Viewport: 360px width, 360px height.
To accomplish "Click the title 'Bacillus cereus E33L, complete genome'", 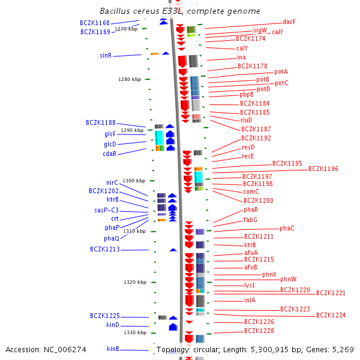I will point(179,11).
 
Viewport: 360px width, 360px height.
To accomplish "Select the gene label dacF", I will point(289,22).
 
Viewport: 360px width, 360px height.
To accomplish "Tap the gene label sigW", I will point(260,29).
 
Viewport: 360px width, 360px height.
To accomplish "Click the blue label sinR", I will point(106,55).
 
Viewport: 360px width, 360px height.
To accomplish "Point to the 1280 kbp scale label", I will point(130,79).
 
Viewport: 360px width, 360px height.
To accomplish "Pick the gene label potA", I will point(281,71).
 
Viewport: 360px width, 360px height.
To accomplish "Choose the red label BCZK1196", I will point(323,169).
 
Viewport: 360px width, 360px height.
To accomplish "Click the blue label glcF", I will point(110,134).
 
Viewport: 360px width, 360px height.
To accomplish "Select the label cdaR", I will point(109,154).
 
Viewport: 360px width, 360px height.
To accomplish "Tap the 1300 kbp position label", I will point(134,181).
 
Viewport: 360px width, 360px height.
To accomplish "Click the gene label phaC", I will point(287,229).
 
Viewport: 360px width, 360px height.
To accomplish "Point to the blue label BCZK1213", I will point(105,249).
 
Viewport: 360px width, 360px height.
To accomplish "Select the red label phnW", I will point(288,279).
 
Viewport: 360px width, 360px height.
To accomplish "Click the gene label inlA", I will point(250,300).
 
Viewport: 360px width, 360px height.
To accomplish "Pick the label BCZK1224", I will point(331,315).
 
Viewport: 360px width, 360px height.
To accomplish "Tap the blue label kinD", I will point(113,325).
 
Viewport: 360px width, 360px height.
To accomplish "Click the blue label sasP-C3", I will point(106,210).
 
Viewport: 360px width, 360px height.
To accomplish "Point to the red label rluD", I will point(246,120).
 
